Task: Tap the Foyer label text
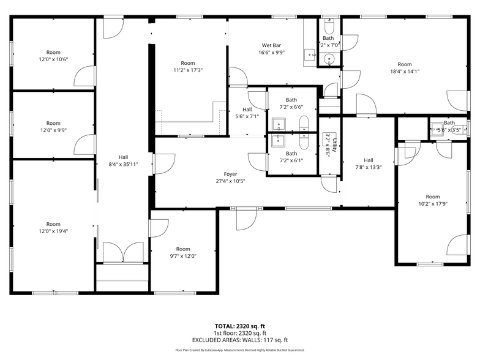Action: [230, 174]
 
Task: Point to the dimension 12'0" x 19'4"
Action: [54, 231]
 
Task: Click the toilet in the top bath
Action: [329, 29]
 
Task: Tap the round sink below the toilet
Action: [329, 59]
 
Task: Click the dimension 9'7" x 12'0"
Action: [183, 257]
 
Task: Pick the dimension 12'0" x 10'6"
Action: [54, 59]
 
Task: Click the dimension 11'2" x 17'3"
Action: [187, 70]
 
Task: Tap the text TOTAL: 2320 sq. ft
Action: [240, 326]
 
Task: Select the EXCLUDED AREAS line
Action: [240, 340]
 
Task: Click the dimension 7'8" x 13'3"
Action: [369, 167]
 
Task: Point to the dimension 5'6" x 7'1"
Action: [247, 116]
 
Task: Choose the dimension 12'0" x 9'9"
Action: [54, 130]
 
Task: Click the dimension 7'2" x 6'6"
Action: [291, 107]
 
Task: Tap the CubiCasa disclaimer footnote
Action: [240, 350]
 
